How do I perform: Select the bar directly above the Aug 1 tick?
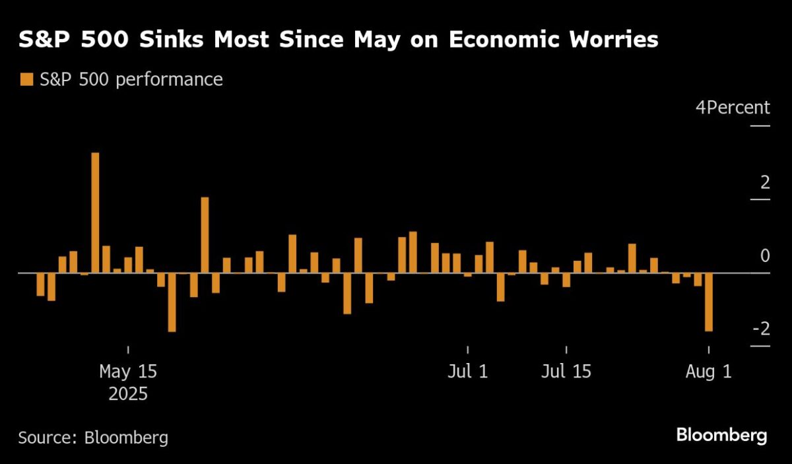click(x=709, y=302)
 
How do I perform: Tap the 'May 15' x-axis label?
click(x=128, y=372)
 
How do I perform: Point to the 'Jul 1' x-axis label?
click(x=467, y=372)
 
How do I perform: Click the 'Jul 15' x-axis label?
click(x=566, y=372)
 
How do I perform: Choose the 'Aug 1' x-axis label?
click(x=709, y=372)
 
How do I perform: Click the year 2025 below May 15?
click(x=128, y=395)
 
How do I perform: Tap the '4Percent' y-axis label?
click(x=733, y=108)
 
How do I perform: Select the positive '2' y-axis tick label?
click(x=764, y=182)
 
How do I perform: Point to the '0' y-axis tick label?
click(x=764, y=255)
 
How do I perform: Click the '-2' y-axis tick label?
click(x=761, y=329)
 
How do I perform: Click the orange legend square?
click(x=26, y=80)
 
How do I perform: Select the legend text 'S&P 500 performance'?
click(x=131, y=80)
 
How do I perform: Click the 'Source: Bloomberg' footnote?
click(x=93, y=437)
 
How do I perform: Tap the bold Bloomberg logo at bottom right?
click(x=721, y=436)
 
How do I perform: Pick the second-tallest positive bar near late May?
click(x=205, y=235)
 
